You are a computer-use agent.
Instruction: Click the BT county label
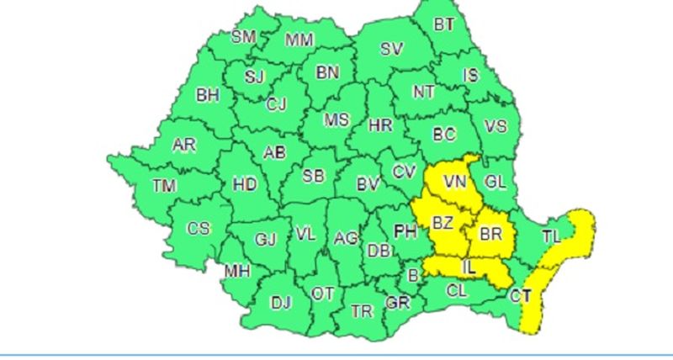tap(444, 24)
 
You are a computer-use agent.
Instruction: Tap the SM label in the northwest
tap(244, 36)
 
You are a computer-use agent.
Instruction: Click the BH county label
tap(207, 95)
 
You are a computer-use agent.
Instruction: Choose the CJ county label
tap(277, 105)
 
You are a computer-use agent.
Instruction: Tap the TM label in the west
tap(165, 185)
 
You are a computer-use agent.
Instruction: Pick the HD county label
tap(245, 184)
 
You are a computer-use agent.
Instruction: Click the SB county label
tap(314, 176)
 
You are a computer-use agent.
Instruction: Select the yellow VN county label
tap(455, 182)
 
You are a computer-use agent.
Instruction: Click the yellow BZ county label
tap(442, 223)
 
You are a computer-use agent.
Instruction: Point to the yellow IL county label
tap(469, 267)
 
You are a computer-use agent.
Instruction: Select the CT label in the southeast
tap(522, 295)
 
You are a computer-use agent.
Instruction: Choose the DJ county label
tap(279, 303)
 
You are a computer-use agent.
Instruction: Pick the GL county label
tap(496, 181)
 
